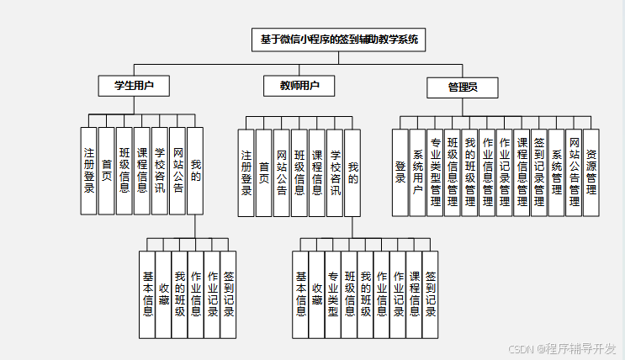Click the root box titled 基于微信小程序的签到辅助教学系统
pos(339,40)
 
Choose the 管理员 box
pos(462,87)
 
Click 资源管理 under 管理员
pos(591,172)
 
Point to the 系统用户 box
pos(417,172)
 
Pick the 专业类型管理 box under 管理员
pos(435,172)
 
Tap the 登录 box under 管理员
pos(400,172)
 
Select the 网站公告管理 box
pos(574,172)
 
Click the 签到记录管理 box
pos(539,172)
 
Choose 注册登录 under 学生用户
pos(89,170)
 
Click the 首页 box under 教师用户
pos(264,172)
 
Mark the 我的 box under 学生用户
pos(195,170)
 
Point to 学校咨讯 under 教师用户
pos(335,172)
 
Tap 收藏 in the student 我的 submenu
pos(163,294)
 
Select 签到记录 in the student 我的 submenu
pos(228,294)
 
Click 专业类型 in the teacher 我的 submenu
pos(333,294)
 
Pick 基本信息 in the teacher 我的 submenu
pos(301,294)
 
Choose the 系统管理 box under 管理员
pos(557,172)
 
